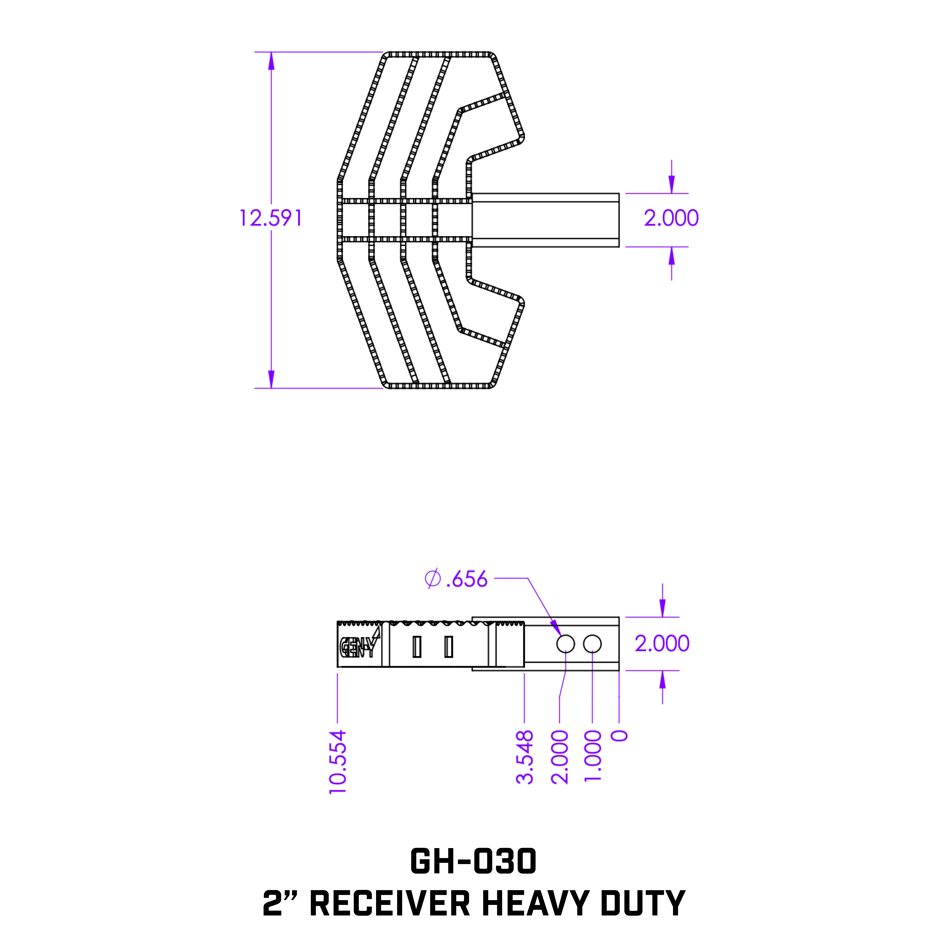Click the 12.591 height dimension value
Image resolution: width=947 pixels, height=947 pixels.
(271, 218)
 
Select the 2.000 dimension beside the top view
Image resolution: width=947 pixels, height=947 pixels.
(671, 218)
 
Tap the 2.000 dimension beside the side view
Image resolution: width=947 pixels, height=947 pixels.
(662, 644)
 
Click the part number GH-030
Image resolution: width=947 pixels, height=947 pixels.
(473, 861)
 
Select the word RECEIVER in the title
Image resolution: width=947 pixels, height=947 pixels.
(390, 903)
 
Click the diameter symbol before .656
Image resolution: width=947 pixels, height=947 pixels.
(432, 579)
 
